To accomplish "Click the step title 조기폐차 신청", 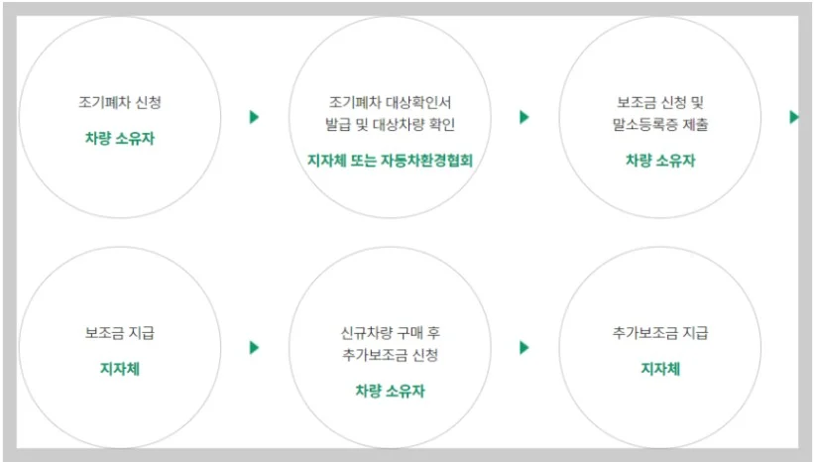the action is [119, 101].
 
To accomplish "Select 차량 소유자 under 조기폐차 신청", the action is [119, 138].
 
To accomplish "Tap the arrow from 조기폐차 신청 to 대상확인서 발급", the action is [254, 117].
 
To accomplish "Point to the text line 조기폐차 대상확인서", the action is [390, 101].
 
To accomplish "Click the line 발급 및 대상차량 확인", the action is [390, 125].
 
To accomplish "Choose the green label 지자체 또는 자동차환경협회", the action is [390, 161].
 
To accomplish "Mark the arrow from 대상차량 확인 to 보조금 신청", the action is [524, 117].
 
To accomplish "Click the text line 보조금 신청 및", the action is [659, 101].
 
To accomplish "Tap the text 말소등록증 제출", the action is [659, 125].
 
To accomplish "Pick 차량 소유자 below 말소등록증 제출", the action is [659, 161].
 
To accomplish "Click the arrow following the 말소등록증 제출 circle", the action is [793, 117].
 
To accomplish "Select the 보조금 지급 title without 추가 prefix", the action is [119, 332].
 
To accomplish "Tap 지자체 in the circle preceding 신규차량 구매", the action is [119, 369].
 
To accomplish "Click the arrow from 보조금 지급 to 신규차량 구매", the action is [254, 347].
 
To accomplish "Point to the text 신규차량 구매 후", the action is [390, 332].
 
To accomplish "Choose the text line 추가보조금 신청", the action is [390, 355].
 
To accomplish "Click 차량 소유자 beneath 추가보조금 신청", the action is [390, 391].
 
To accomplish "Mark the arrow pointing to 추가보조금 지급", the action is [524, 347].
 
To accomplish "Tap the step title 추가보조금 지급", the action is [659, 332].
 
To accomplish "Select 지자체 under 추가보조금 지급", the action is [659, 369].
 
